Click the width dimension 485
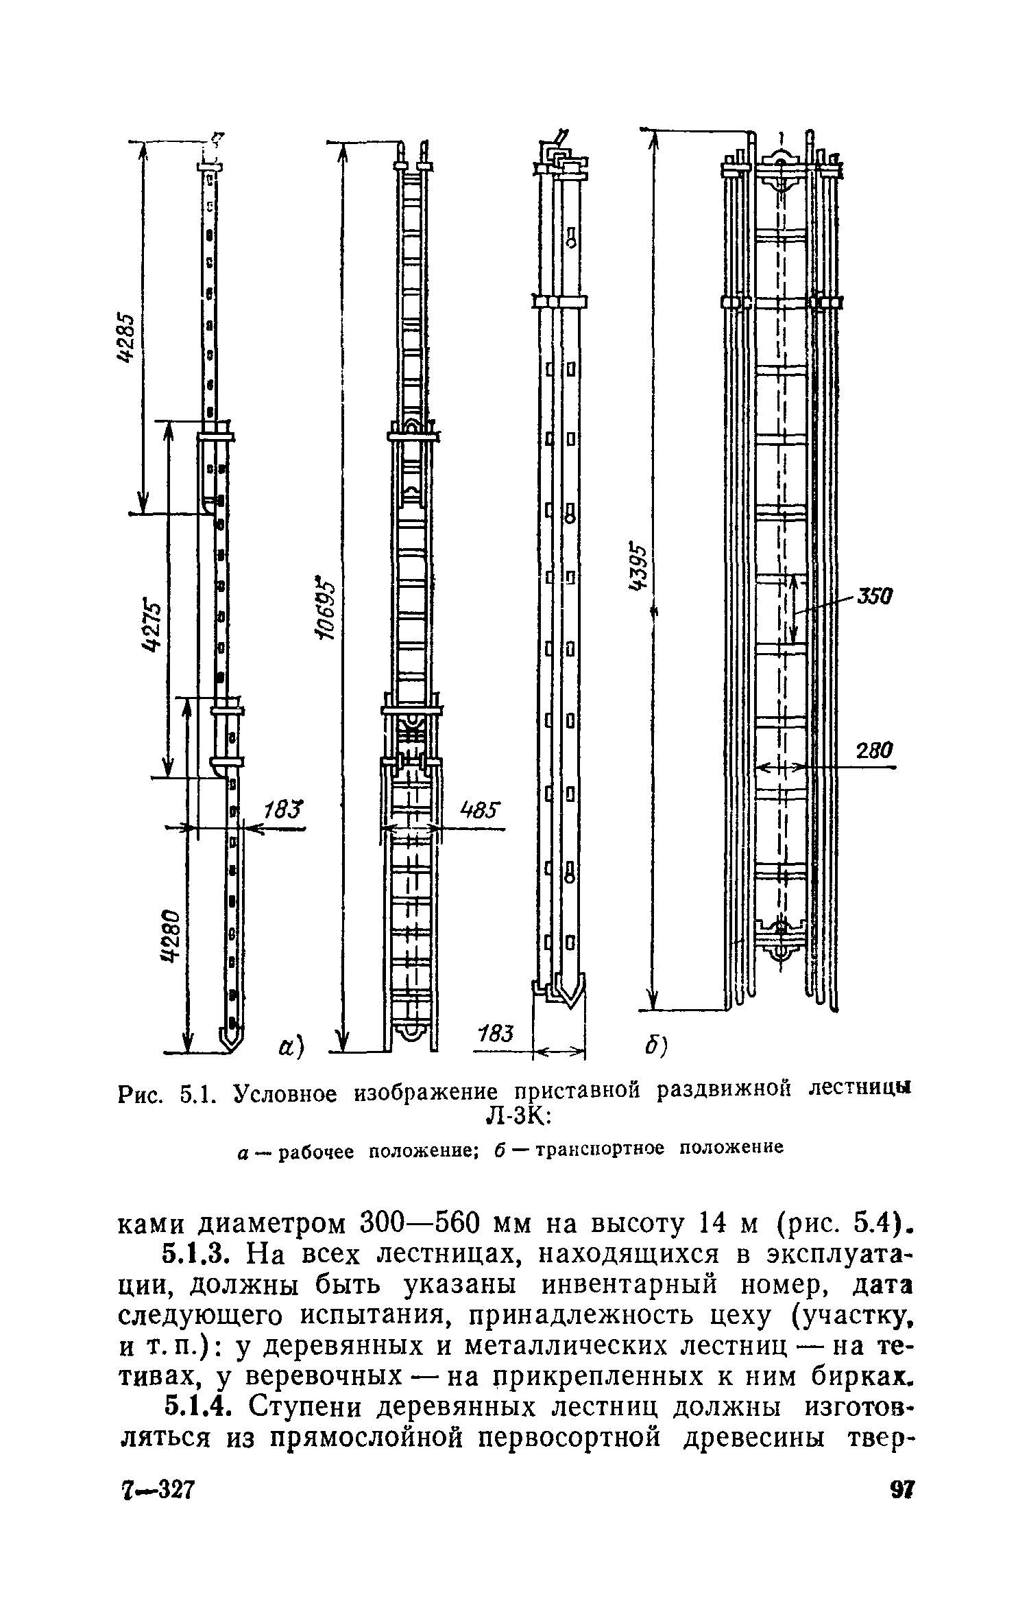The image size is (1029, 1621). (x=481, y=810)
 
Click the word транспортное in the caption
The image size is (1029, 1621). (x=601, y=1148)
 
